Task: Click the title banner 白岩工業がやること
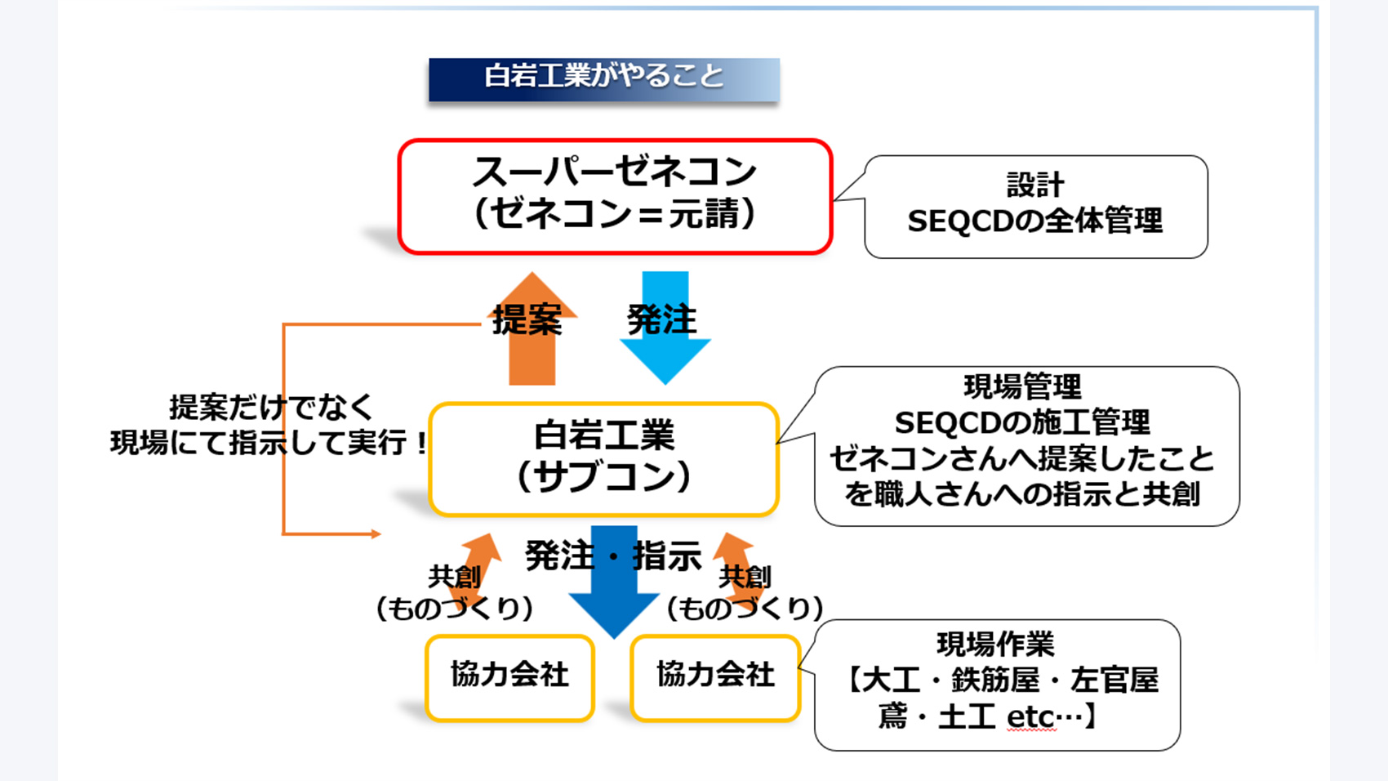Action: (603, 78)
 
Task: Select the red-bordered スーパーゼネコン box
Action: (615, 196)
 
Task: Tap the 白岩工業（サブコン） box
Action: (603, 458)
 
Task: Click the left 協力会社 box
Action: (509, 677)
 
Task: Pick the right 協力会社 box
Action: (715, 677)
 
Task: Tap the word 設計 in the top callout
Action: (1034, 185)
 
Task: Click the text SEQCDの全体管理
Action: (1034, 221)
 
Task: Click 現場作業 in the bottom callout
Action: (995, 645)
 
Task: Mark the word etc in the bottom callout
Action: (1030, 716)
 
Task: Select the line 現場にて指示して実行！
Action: (270, 443)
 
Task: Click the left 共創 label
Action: (454, 577)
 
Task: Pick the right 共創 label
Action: (745, 577)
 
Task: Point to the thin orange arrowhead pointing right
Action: (375, 533)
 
